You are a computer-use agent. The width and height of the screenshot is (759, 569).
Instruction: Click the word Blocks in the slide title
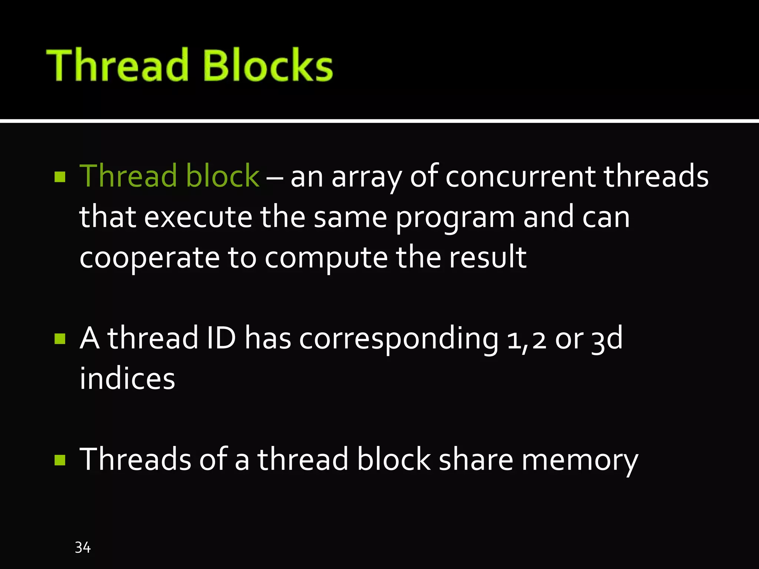(x=268, y=65)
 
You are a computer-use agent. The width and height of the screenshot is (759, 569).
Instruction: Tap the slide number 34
(x=83, y=548)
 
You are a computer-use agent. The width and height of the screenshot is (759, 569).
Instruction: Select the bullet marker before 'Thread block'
(x=60, y=177)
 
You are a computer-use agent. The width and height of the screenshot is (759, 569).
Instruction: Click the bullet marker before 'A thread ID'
(x=60, y=339)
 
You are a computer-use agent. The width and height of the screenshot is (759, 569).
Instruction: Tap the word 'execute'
(x=198, y=217)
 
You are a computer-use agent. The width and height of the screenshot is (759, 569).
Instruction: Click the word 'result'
(x=488, y=257)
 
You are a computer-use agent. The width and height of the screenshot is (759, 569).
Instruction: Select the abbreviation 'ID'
(x=221, y=338)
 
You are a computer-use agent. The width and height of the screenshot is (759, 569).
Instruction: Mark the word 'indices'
(x=127, y=379)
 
